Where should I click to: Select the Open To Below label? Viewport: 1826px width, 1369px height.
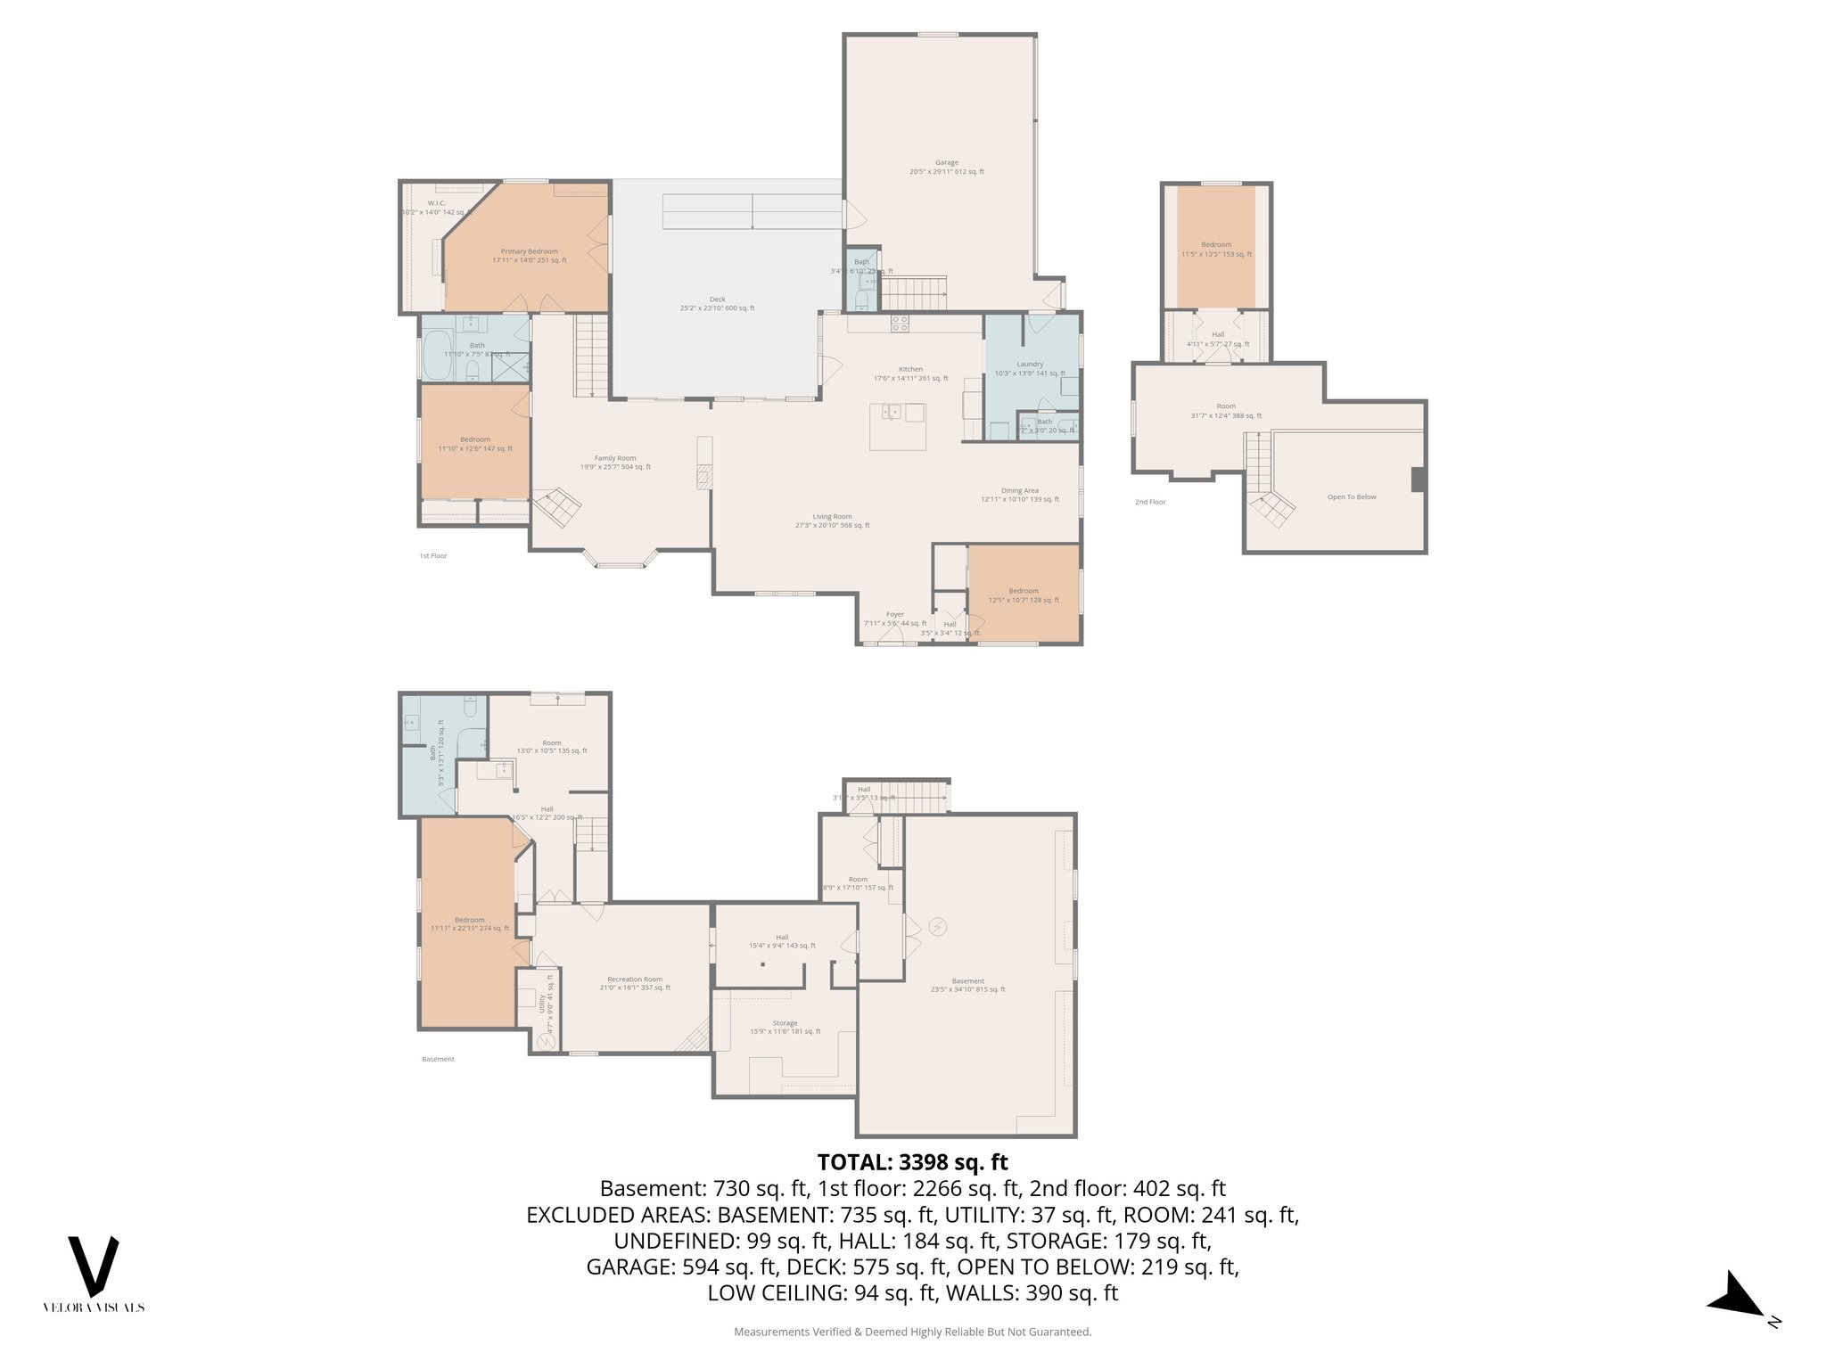click(x=1352, y=497)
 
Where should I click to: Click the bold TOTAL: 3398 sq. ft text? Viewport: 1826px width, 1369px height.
click(x=912, y=1162)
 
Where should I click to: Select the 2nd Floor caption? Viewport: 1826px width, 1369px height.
click(x=1150, y=503)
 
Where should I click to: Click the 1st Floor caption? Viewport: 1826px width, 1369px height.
click(x=433, y=556)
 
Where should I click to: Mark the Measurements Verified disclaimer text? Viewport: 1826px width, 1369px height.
click(x=912, y=1332)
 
